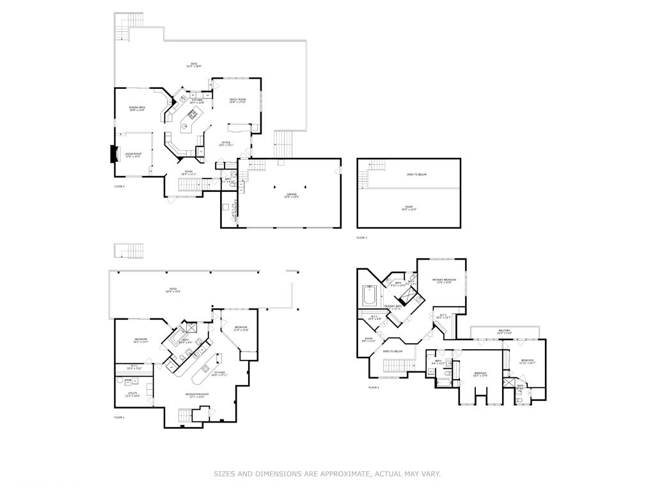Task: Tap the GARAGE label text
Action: coord(292,196)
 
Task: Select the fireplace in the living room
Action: coord(114,155)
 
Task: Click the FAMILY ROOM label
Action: coord(238,100)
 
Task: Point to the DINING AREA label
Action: coord(137,109)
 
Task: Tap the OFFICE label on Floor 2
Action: coord(226,143)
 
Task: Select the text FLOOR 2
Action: coord(119,186)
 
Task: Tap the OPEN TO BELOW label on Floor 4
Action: coord(393,352)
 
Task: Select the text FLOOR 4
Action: coord(374,387)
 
